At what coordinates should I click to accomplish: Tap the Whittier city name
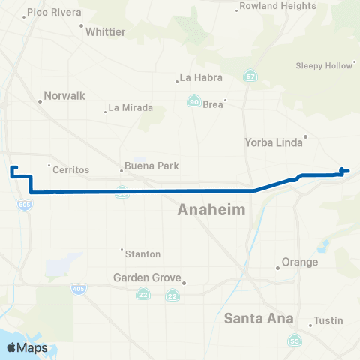pos(106,31)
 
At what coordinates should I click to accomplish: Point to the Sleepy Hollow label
pos(323,65)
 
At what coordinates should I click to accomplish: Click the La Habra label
pos(198,76)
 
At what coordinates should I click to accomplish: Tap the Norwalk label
pos(64,96)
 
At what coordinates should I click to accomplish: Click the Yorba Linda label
pos(272,142)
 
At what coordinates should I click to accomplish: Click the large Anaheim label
pos(211,211)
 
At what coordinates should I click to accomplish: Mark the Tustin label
pos(328,320)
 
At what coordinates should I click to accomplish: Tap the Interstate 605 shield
pos(25,205)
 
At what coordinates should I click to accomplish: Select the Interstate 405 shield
pos(78,289)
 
